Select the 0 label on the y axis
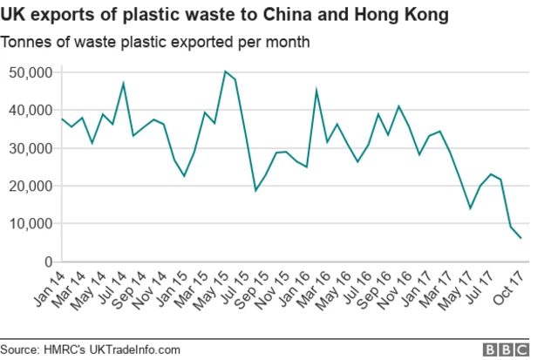pos(47,262)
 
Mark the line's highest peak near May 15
pos(225,71)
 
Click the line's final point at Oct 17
pos(521,238)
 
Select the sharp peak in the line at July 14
pos(123,83)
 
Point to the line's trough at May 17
pos(470,208)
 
